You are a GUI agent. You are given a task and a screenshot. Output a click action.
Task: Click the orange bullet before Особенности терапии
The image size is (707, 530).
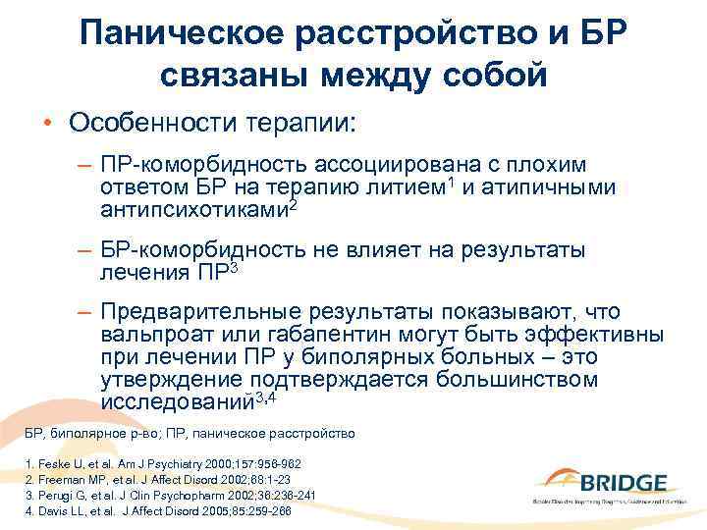coord(46,125)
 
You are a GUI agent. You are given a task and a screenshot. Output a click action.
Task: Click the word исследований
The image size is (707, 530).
coord(177,399)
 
